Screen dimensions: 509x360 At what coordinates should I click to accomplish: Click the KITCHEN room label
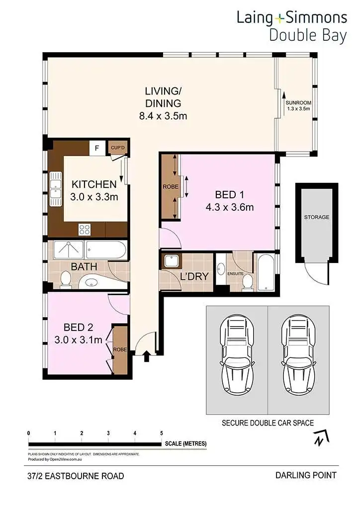pyautogui.click(x=94, y=183)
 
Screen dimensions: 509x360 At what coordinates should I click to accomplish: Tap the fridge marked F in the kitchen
pyautogui.click(x=97, y=148)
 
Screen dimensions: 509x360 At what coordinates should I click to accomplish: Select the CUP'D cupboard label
pyautogui.click(x=118, y=148)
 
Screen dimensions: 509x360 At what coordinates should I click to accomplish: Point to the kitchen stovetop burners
pyautogui.click(x=85, y=229)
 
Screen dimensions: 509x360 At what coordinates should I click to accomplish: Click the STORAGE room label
pyautogui.click(x=317, y=217)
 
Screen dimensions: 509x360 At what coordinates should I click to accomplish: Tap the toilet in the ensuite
pyautogui.click(x=246, y=282)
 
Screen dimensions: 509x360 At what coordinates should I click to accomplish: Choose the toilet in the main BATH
pyautogui.click(x=65, y=280)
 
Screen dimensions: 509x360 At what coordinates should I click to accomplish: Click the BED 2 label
pyautogui.click(x=79, y=328)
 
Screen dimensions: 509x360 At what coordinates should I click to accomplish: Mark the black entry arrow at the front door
pyautogui.click(x=147, y=356)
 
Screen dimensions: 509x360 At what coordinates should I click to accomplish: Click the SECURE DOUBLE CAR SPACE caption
pyautogui.click(x=268, y=423)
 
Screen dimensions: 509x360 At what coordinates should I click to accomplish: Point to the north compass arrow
pyautogui.click(x=319, y=438)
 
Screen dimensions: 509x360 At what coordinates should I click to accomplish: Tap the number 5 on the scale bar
pyautogui.click(x=162, y=433)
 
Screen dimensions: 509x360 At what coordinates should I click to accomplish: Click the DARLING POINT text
pyautogui.click(x=306, y=475)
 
